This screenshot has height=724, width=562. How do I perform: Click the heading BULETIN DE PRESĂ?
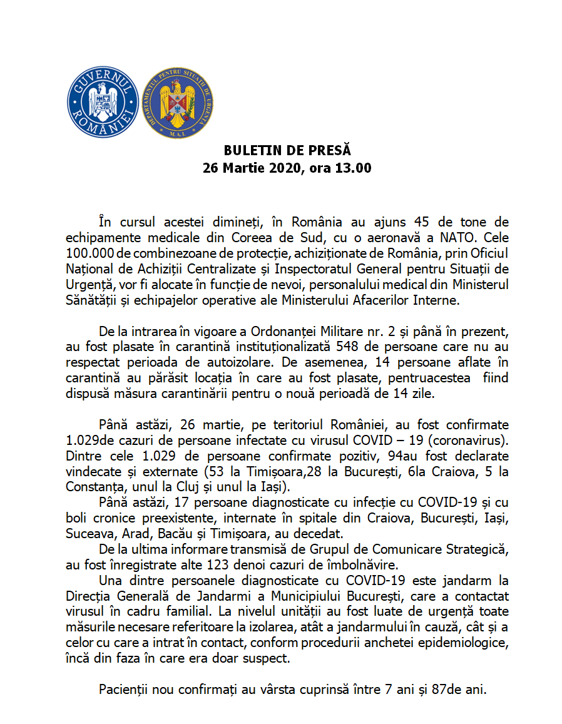click(287, 151)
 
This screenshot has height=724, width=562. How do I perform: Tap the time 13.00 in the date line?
click(355, 168)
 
